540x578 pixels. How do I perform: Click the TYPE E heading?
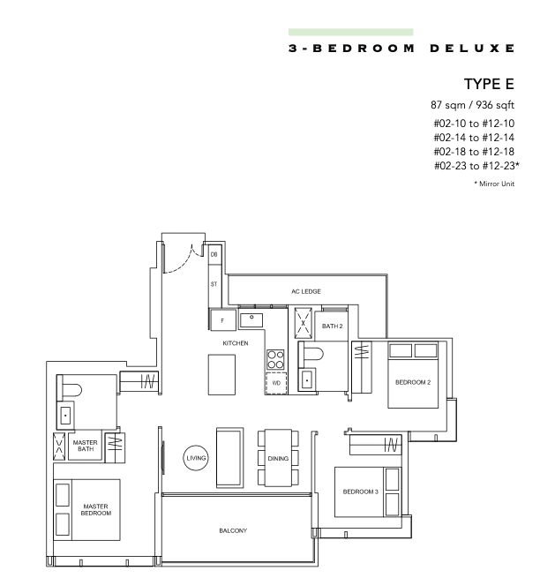pyautogui.click(x=489, y=84)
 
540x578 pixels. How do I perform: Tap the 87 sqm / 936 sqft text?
pyautogui.click(x=473, y=105)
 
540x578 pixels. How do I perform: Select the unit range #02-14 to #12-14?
pyautogui.click(x=474, y=138)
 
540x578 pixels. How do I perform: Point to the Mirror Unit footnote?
pyautogui.click(x=494, y=184)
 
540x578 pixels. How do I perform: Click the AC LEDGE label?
pyautogui.click(x=306, y=291)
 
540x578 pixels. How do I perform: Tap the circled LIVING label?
pyautogui.click(x=196, y=458)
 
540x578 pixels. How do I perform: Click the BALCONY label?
pyautogui.click(x=233, y=530)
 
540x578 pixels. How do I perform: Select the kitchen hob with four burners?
pyautogui.click(x=275, y=359)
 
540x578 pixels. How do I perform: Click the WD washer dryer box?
pyautogui.click(x=276, y=383)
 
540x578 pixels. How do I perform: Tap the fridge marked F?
pyautogui.click(x=222, y=320)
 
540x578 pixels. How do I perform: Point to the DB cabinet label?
pyautogui.click(x=214, y=254)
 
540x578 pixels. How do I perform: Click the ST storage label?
pyautogui.click(x=214, y=284)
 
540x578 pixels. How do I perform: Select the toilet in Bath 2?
pyautogui.click(x=311, y=354)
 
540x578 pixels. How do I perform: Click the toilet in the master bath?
pyautogui.click(x=70, y=390)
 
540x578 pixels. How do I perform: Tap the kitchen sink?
pyautogui.click(x=251, y=320)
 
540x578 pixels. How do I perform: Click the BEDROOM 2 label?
pyautogui.click(x=413, y=382)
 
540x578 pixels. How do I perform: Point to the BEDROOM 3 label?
pyautogui.click(x=361, y=492)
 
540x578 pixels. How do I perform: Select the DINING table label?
pyautogui.click(x=278, y=459)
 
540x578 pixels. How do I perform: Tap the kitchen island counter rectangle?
pyautogui.click(x=221, y=375)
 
